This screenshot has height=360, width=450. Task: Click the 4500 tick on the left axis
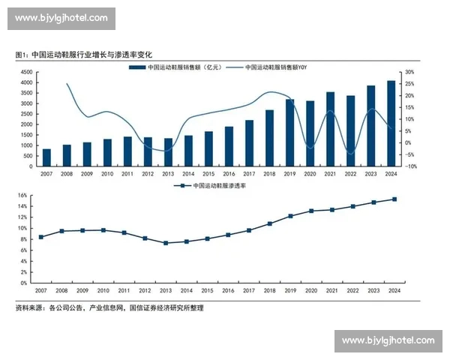tap(26, 72)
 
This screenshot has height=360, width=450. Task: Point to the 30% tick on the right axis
tap(410, 72)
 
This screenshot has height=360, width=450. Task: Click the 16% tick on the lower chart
tap(22, 196)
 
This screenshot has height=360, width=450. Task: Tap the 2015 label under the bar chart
tap(208, 174)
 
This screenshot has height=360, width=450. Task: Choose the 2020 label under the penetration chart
tap(310, 290)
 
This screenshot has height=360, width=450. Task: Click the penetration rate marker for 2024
tap(394, 199)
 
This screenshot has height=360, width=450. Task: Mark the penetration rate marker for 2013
tap(166, 243)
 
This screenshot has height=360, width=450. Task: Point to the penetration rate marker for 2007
tap(41, 237)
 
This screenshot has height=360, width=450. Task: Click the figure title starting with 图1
tap(84, 55)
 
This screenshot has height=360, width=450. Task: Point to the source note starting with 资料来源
tap(109, 307)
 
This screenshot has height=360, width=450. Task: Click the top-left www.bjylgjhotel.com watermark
tap(61, 18)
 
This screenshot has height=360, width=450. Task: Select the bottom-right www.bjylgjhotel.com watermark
tap(388, 340)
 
